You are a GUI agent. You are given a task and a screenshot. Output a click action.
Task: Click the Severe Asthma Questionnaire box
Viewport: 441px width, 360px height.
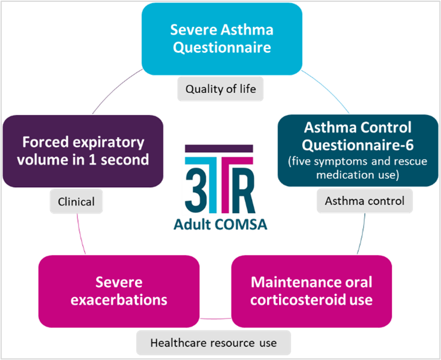coord(221,38)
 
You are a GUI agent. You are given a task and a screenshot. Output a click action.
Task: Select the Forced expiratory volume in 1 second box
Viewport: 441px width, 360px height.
coord(83,151)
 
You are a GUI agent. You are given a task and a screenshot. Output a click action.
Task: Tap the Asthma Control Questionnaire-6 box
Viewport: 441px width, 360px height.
coord(358,150)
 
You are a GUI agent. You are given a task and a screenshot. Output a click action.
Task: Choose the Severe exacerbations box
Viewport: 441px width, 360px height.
coord(119,290)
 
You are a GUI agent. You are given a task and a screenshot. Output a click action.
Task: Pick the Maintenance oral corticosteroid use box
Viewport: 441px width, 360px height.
coord(311,290)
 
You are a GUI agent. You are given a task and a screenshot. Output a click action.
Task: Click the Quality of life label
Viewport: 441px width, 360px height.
coord(220,89)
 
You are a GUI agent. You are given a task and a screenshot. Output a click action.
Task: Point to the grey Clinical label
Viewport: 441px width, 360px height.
coord(76,202)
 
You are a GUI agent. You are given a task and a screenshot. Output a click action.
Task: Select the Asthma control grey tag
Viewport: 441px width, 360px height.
coord(365,200)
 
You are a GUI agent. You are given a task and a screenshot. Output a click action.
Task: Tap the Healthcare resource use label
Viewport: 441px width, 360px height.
coord(213,343)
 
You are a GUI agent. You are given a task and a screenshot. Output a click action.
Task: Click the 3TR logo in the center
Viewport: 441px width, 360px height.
coord(220,180)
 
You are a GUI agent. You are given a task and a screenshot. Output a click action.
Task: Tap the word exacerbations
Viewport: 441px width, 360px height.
coord(119,299)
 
